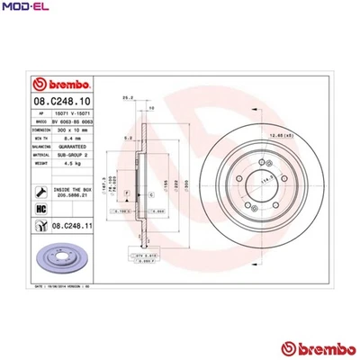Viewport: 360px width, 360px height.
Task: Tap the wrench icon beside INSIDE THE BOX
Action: pyautogui.click(x=40, y=191)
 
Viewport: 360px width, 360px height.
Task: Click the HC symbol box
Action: pyautogui.click(x=40, y=208)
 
